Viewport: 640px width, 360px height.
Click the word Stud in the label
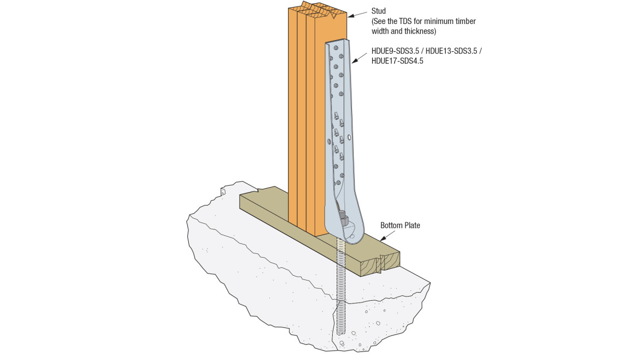point(379,11)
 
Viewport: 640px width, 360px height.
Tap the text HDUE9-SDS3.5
point(395,51)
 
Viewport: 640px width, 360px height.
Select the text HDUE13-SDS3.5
point(451,51)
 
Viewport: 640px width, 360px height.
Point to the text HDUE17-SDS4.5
point(397,61)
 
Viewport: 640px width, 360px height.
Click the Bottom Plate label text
point(400,226)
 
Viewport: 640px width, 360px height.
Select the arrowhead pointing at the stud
point(351,16)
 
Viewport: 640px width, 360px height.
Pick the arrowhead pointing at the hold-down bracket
point(355,61)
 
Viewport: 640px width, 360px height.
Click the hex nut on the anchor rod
point(343,219)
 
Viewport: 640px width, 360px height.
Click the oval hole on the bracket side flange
point(349,138)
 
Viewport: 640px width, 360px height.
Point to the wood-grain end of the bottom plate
point(380,265)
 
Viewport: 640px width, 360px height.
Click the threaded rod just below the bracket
point(341,251)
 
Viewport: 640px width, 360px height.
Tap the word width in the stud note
point(380,31)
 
